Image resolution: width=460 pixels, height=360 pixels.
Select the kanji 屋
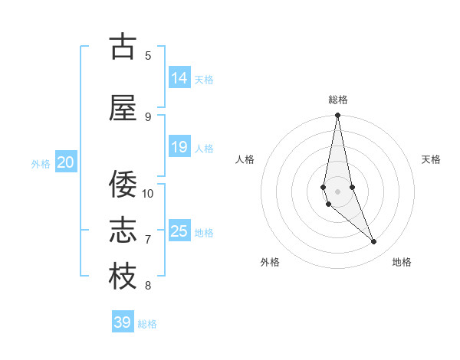click(x=122, y=107)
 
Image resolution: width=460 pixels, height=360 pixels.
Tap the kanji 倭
click(x=122, y=184)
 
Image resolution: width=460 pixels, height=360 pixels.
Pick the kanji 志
click(x=122, y=230)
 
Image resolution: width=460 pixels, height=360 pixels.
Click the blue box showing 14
click(x=179, y=78)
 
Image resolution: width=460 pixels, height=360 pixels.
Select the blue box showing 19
click(x=179, y=147)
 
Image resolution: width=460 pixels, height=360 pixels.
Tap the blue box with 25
click(x=179, y=231)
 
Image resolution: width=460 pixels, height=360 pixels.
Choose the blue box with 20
click(x=66, y=162)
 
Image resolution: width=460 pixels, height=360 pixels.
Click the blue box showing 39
click(x=123, y=322)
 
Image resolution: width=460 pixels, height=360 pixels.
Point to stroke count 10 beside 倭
click(x=148, y=193)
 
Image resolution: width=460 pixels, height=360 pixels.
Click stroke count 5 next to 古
click(x=148, y=55)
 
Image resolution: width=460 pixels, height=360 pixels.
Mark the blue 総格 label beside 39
click(x=147, y=324)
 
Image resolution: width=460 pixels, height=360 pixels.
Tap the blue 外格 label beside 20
click(x=41, y=163)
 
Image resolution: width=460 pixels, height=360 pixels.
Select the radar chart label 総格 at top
click(x=338, y=100)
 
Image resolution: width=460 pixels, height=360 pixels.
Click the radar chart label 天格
click(x=432, y=159)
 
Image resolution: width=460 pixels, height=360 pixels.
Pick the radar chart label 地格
click(x=402, y=262)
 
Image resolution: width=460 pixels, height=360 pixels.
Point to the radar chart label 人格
click(x=245, y=159)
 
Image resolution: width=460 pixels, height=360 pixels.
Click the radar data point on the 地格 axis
click(x=374, y=242)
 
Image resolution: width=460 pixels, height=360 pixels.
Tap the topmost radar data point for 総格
click(x=337, y=116)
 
